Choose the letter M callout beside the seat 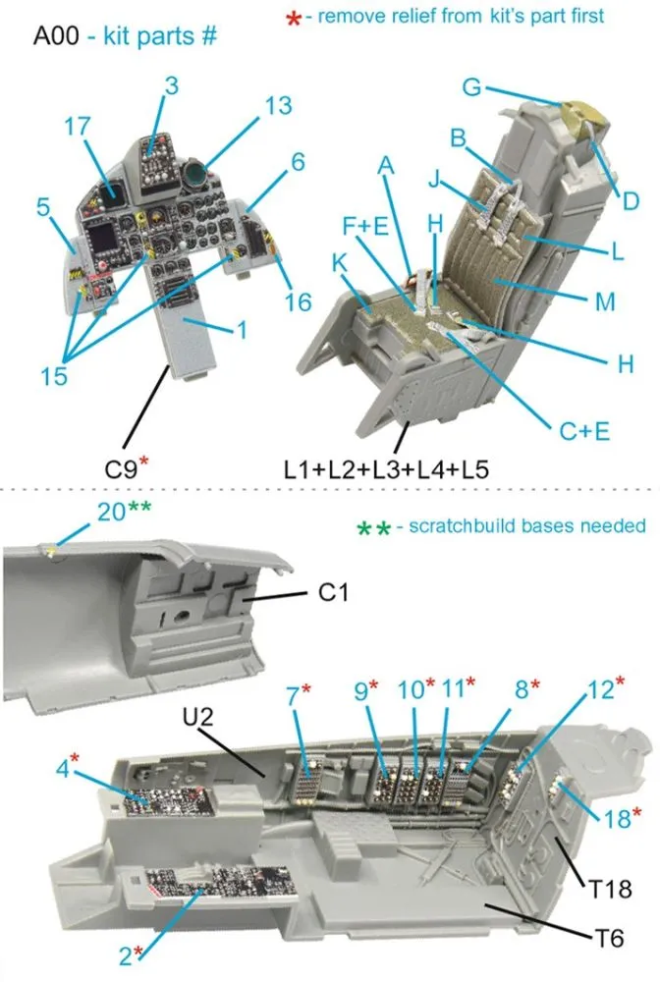tap(605, 302)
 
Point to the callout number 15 tap(55, 374)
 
